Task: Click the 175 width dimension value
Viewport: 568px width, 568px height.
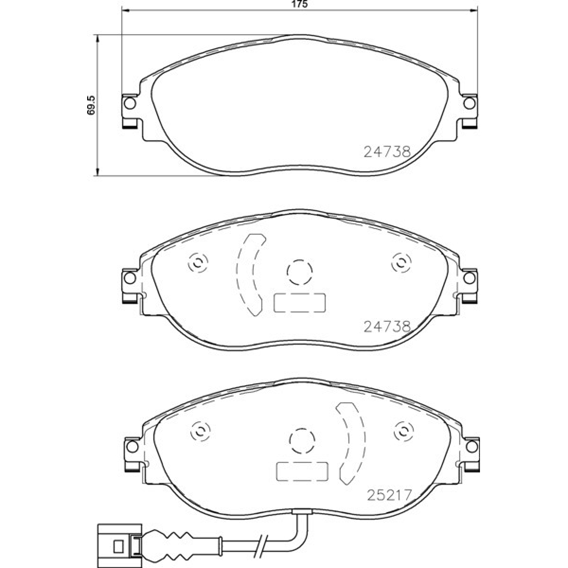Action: [x=299, y=4]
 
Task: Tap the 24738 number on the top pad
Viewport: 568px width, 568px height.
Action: [x=387, y=152]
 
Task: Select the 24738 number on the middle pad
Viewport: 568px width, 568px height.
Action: [x=387, y=326]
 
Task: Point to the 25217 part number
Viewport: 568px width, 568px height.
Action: [x=389, y=495]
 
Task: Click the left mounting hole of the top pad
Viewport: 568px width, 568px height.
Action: [x=129, y=103]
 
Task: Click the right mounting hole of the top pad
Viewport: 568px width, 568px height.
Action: [x=469, y=103]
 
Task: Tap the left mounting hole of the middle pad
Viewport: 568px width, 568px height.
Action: [x=130, y=278]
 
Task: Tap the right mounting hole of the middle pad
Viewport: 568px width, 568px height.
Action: [x=469, y=278]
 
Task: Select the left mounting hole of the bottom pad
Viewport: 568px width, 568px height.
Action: [x=132, y=446]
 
